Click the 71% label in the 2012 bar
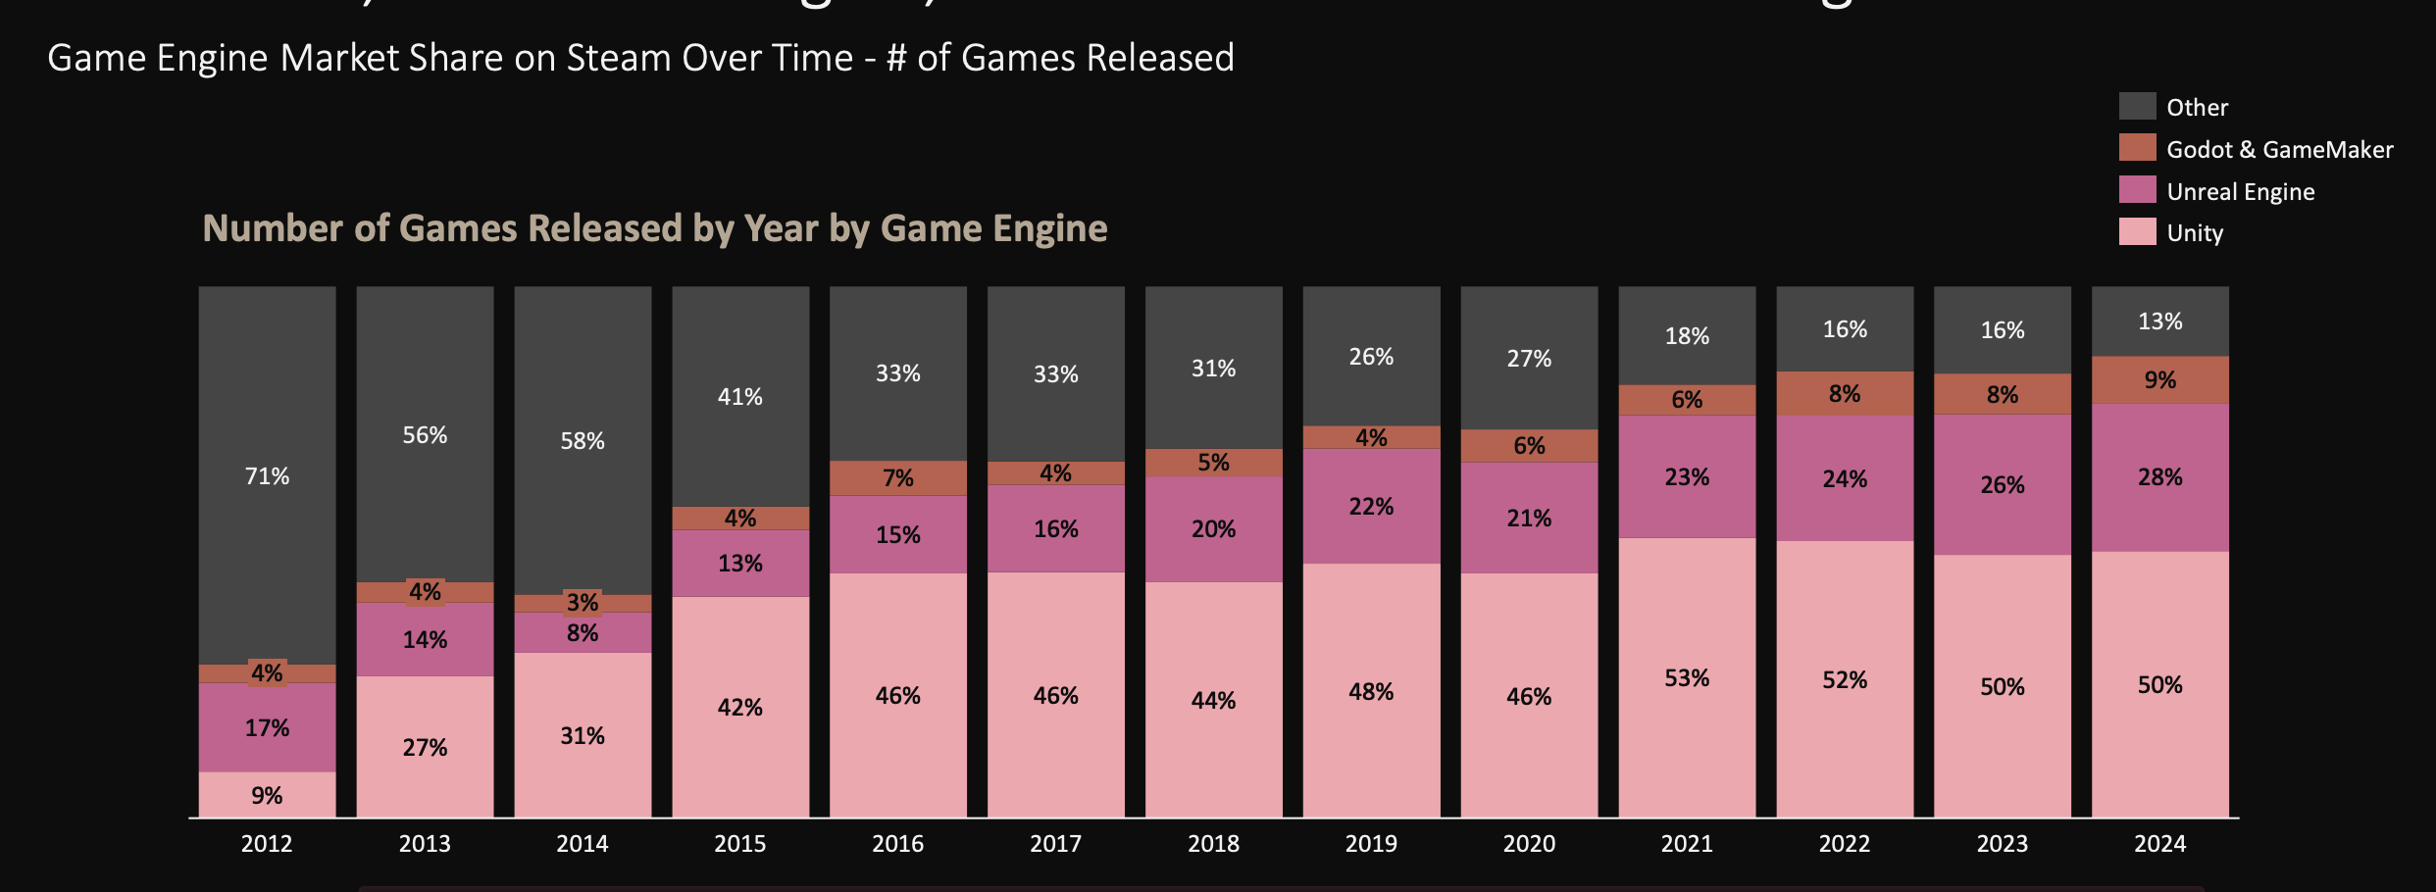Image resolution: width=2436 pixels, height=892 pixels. click(267, 476)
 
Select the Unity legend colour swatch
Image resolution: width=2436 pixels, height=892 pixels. click(2137, 232)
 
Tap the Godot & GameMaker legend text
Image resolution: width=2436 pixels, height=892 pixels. click(2279, 150)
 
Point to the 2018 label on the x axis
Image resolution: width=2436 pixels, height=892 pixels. click(1213, 844)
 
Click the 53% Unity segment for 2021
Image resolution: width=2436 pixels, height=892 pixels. click(1687, 677)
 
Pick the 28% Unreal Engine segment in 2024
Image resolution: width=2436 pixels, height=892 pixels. click(2159, 477)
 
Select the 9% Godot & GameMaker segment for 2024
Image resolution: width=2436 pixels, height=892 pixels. click(2159, 380)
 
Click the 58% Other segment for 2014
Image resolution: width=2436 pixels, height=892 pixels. click(583, 441)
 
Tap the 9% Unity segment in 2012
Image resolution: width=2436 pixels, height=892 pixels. click(267, 795)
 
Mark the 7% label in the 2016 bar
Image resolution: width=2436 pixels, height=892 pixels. click(897, 478)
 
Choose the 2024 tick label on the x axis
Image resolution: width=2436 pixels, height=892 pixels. click(2159, 844)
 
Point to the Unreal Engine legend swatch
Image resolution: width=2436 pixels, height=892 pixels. click(2137, 190)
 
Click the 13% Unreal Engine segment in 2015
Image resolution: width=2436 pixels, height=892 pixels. click(739, 564)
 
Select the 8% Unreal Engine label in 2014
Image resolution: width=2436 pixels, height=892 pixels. click(583, 633)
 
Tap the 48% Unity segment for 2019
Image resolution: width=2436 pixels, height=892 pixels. click(1371, 692)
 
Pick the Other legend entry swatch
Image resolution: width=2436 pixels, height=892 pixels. click(2137, 107)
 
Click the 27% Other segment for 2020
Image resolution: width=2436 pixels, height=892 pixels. click(1529, 359)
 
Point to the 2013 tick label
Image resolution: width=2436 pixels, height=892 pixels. click(425, 844)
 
